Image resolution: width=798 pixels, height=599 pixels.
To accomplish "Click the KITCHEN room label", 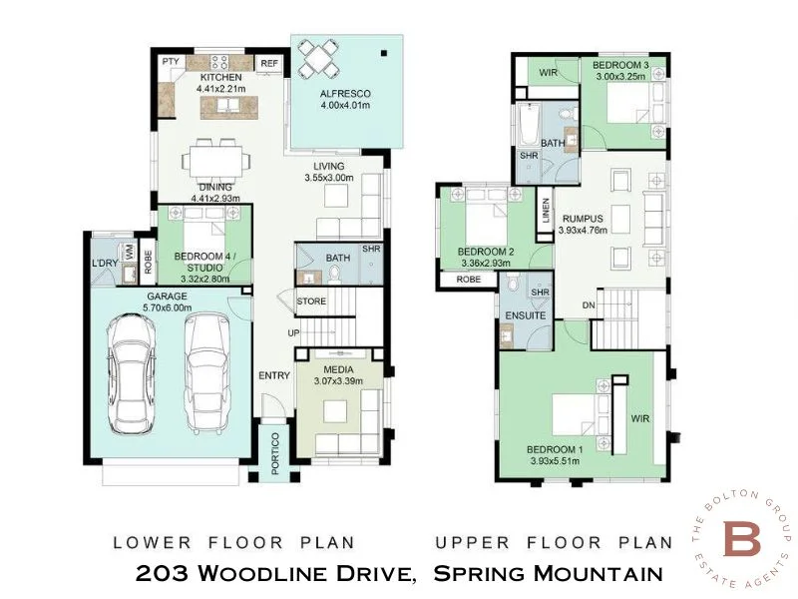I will click(x=220, y=77).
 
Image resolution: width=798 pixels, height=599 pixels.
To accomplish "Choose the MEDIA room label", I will click(x=333, y=368).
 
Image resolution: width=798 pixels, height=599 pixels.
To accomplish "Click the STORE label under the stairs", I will click(x=310, y=301).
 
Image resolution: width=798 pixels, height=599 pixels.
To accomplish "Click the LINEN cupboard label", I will click(x=546, y=211).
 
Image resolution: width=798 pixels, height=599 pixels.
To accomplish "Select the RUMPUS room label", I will click(x=582, y=219).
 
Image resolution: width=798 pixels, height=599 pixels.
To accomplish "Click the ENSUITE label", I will click(x=526, y=315).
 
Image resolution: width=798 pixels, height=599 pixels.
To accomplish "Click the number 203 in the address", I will click(x=162, y=573).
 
